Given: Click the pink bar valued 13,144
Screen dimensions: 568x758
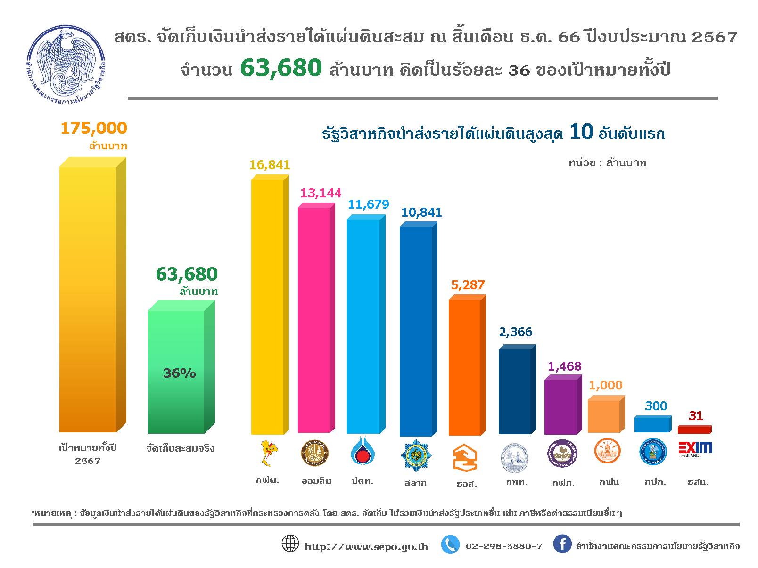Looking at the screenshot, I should click(314, 320).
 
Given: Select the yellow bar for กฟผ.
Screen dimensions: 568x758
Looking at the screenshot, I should click(268, 306).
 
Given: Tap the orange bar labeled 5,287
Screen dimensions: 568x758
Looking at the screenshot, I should click(465, 367).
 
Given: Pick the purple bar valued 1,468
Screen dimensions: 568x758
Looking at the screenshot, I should click(560, 407).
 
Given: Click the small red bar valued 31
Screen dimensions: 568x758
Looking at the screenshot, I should click(694, 430).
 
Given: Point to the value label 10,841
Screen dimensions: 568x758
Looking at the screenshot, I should click(421, 212).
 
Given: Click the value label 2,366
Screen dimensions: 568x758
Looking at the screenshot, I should click(516, 332).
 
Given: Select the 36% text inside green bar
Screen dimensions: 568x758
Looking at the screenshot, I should click(179, 373).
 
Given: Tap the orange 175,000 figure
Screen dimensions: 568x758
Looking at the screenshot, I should click(94, 128).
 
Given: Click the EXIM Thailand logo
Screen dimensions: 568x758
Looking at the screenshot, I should click(695, 449).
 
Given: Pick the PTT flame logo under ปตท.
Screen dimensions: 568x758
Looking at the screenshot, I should click(363, 451).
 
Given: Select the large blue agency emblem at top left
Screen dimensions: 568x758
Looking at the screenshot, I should click(66, 65).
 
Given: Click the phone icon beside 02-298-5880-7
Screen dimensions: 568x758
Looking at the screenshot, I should click(450, 544).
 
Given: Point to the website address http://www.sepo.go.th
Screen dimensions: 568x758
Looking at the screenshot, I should click(366, 546).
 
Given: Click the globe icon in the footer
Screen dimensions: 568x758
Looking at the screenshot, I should click(290, 544).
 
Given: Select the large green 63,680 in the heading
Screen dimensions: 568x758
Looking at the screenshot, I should click(281, 68).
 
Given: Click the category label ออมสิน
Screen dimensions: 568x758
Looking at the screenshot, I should click(317, 481).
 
